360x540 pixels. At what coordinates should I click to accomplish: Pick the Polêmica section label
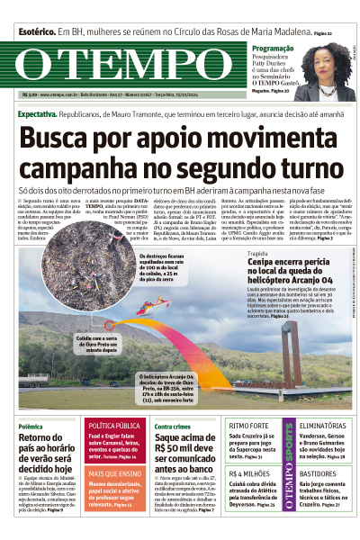pos(31,426)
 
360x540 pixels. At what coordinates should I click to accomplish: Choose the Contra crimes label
pos(172,426)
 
